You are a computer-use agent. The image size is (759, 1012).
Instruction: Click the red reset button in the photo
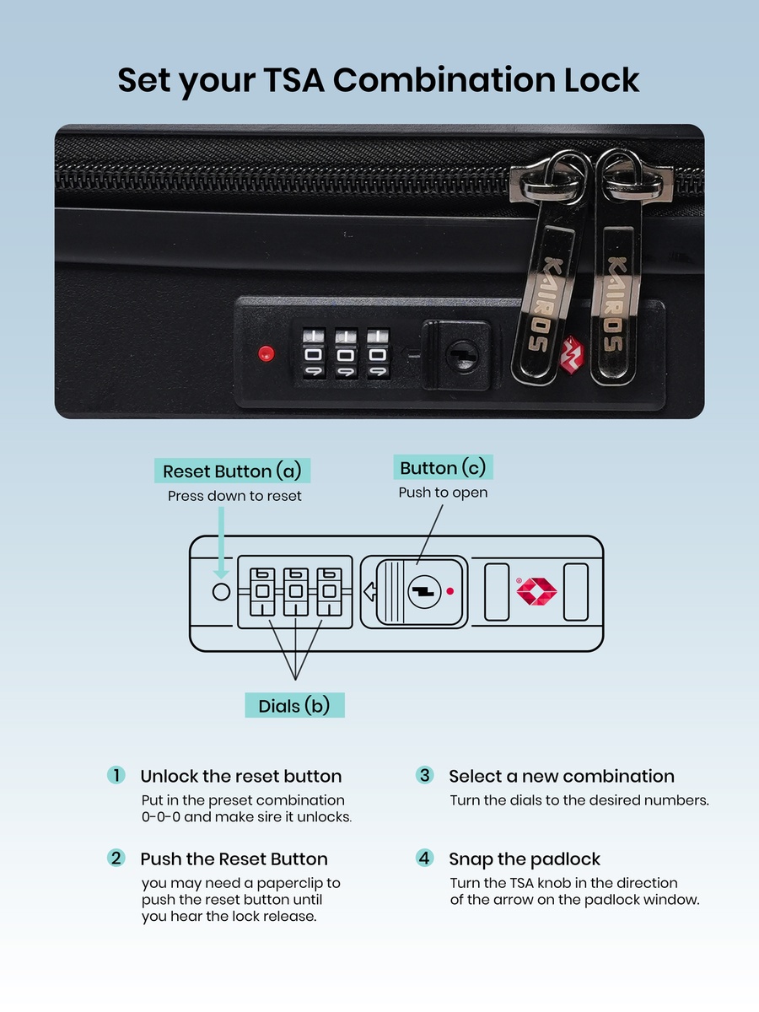(266, 353)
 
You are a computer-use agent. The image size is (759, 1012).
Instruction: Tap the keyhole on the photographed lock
(463, 355)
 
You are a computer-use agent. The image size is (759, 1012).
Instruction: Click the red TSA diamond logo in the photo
(572, 355)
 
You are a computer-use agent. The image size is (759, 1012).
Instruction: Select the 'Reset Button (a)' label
(232, 471)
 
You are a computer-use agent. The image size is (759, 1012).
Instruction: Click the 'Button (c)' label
(443, 467)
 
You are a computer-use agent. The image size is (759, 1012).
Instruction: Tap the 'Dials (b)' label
(294, 705)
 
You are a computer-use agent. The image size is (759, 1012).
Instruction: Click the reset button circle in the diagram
(221, 592)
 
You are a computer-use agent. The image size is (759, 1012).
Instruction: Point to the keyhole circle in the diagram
(424, 591)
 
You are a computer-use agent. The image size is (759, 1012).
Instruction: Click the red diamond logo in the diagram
(536, 591)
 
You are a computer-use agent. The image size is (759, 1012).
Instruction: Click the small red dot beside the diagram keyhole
(450, 591)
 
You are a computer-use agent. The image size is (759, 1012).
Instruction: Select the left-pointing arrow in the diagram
(370, 591)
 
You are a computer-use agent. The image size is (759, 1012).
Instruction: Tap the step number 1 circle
(116, 775)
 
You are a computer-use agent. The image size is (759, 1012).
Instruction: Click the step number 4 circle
(424, 858)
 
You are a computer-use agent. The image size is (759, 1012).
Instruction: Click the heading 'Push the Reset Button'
(234, 859)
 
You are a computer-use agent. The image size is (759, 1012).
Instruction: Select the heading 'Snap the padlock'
(525, 859)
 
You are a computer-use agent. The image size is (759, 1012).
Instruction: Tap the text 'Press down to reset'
(234, 496)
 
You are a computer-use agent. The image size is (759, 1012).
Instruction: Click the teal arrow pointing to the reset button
(221, 542)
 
